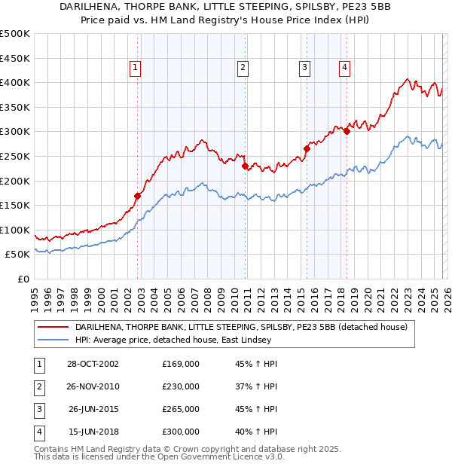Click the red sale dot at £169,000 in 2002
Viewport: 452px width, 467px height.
(x=138, y=196)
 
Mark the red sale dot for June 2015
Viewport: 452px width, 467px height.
(x=307, y=148)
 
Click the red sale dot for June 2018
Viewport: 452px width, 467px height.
(x=347, y=132)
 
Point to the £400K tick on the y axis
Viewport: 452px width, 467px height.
(x=15, y=82)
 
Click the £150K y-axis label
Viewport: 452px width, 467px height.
(x=15, y=205)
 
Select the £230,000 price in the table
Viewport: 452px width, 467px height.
(x=181, y=387)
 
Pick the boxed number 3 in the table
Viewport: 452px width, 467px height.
(x=38, y=410)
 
